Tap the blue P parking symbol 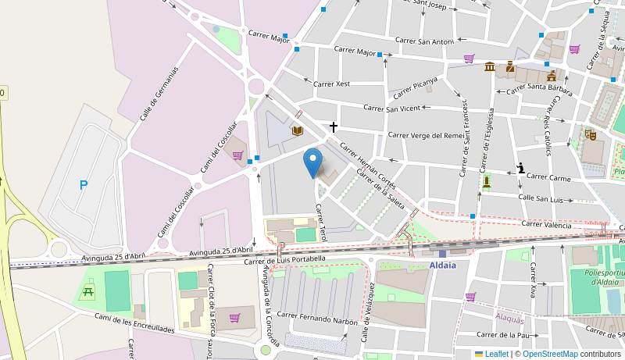pyautogui.click(x=84, y=185)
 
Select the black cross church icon pyautogui.click(x=334, y=127)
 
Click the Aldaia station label pyautogui.click(x=442, y=266)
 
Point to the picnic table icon pyautogui.click(x=87, y=292)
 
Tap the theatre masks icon pyautogui.click(x=591, y=134)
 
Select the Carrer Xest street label pyautogui.click(x=331, y=84)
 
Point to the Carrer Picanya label pyautogui.click(x=415, y=87)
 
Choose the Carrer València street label pyautogui.click(x=546, y=224)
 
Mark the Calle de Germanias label pyautogui.click(x=159, y=93)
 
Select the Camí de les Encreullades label pyautogui.click(x=134, y=323)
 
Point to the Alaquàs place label pyautogui.click(x=509, y=318)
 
